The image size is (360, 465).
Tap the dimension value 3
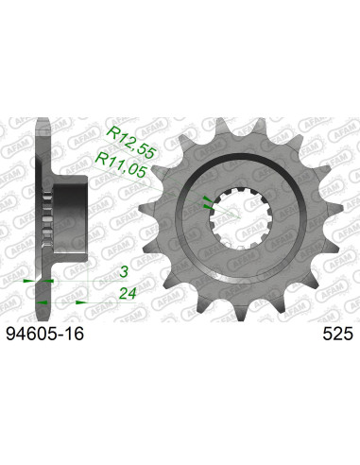pyautogui.click(x=122, y=269)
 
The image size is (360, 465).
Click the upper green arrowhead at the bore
pyautogui.click(x=207, y=200)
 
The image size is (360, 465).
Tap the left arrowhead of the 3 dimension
pyautogui.click(x=27, y=281)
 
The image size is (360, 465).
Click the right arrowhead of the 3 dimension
pyautogui.click(x=48, y=281)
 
